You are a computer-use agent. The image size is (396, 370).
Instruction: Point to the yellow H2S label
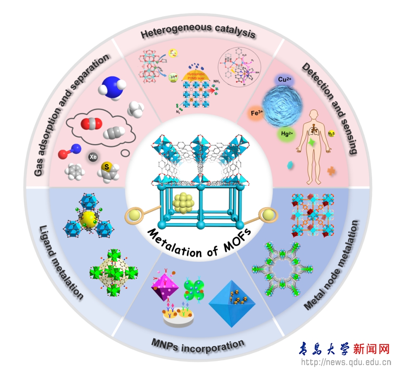(x=331, y=134)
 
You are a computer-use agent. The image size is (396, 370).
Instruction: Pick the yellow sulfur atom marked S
(x=107, y=167)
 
